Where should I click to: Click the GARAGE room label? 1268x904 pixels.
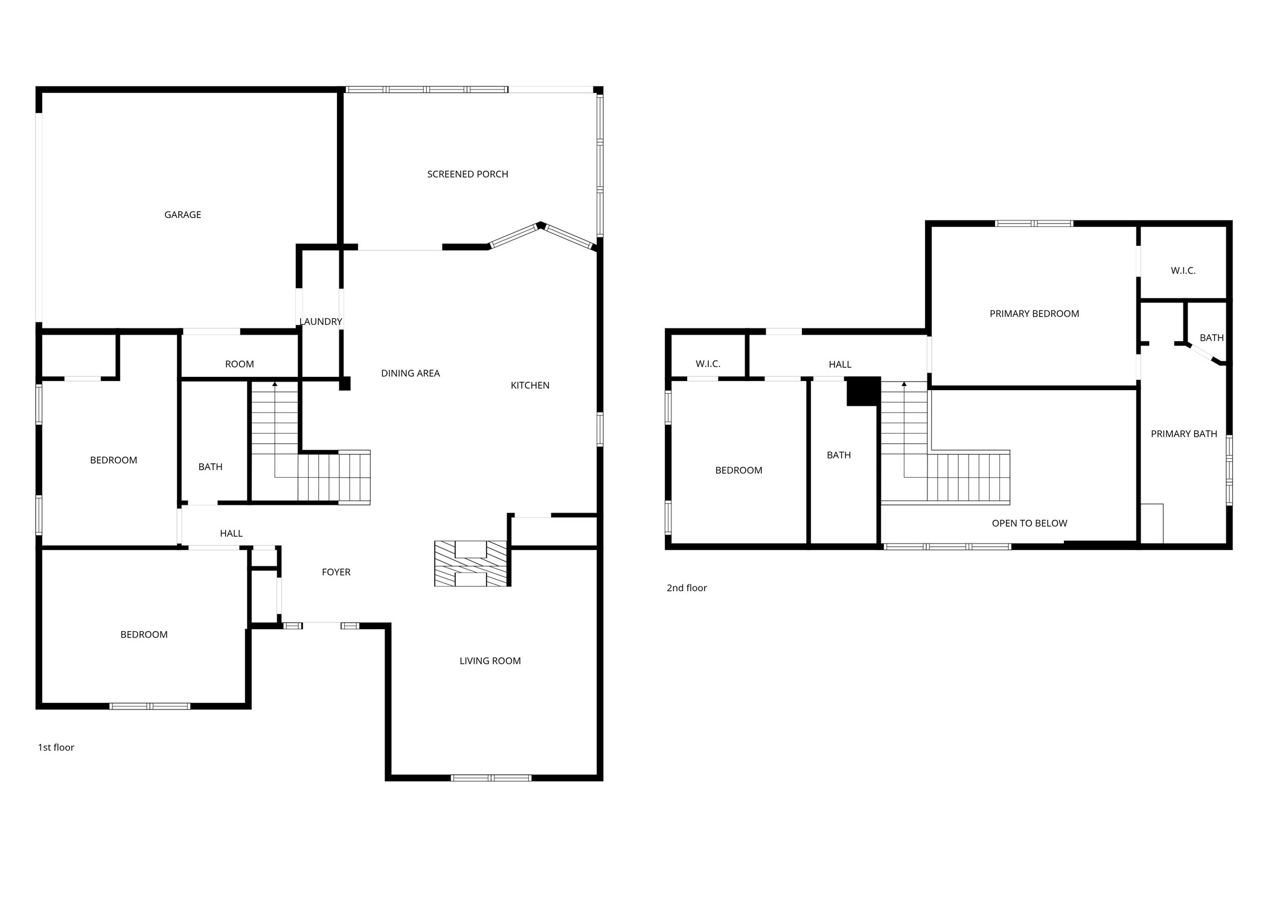pos(182,215)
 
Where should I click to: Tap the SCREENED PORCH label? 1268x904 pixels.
pos(467,175)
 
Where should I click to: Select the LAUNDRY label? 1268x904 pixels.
pos(321,322)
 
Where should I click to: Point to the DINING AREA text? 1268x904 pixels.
pos(410,374)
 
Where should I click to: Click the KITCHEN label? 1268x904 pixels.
pos(530,386)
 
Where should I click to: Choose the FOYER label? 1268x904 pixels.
pos(336,572)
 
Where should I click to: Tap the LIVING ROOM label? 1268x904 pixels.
pos(490,661)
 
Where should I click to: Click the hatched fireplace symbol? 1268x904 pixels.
pos(471,563)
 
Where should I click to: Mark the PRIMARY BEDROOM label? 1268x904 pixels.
pos(1034,314)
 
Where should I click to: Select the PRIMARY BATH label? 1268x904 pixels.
pos(1183,434)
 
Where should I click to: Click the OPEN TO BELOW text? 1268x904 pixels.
pos(1029,524)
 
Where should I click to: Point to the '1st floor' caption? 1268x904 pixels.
pos(56,748)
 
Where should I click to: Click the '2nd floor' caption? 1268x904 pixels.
pos(687,588)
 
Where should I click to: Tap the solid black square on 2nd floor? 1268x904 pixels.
pos(862,391)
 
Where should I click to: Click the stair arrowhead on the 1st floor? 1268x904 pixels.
pos(275,384)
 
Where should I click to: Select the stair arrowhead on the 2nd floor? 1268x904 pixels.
pos(904,384)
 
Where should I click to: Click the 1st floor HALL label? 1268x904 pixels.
pos(231,534)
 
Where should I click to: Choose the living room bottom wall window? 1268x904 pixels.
pos(491,778)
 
